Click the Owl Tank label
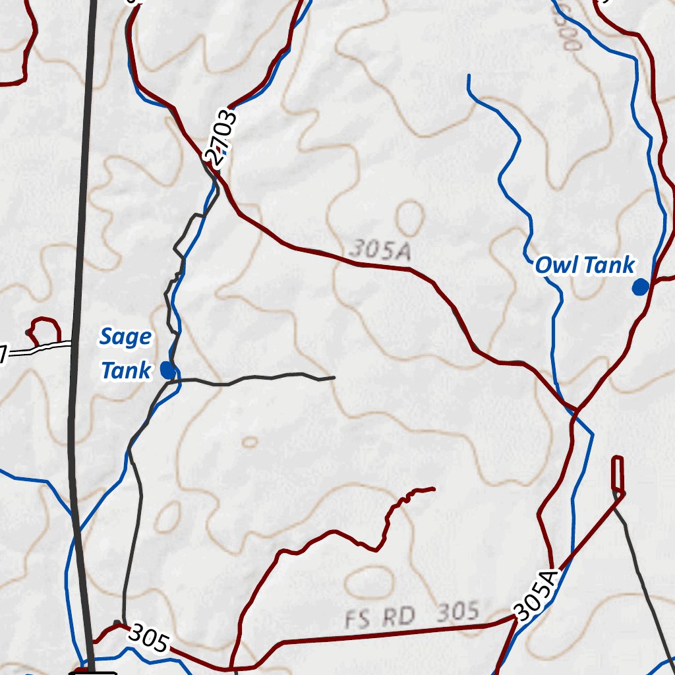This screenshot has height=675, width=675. pyautogui.click(x=585, y=266)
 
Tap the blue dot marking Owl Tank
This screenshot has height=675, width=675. pyautogui.click(x=639, y=287)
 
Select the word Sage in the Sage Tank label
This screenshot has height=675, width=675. pyautogui.click(x=125, y=337)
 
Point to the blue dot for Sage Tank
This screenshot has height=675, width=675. pyautogui.click(x=167, y=370)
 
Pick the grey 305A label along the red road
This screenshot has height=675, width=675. pyautogui.click(x=380, y=250)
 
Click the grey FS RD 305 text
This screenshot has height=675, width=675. pyautogui.click(x=412, y=615)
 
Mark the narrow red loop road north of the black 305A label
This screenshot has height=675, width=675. pyautogui.click(x=618, y=473)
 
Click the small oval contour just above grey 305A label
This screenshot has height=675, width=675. pyautogui.click(x=411, y=218)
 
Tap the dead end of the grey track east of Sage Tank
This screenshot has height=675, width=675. pyautogui.click(x=334, y=378)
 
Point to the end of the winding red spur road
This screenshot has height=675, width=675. pyautogui.click(x=433, y=488)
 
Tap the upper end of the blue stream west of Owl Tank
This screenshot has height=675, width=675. pyautogui.click(x=469, y=76)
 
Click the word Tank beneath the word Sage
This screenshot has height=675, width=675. pyautogui.click(x=125, y=371)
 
